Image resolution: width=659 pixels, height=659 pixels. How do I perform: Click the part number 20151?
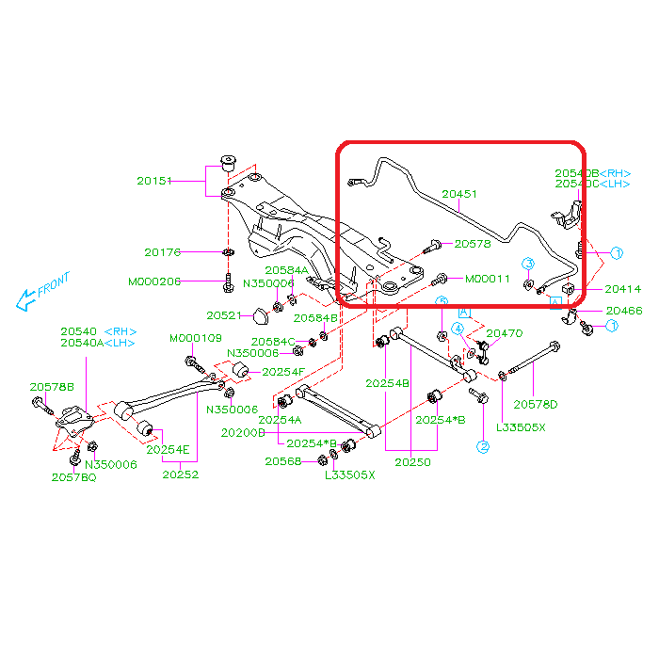[x=154, y=180]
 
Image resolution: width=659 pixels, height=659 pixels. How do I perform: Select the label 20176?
[x=162, y=252]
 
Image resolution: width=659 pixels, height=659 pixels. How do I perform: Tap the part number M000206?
[x=154, y=281]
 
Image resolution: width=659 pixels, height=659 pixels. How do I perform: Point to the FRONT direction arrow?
[x=43, y=293]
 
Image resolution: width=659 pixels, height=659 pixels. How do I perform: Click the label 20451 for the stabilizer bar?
[x=460, y=195]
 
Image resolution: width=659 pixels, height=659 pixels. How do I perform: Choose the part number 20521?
[x=224, y=315]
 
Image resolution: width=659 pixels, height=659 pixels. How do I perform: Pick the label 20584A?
[x=286, y=270]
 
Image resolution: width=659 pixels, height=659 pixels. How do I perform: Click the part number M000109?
[x=196, y=338]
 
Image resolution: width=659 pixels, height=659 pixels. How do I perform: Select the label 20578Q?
[x=73, y=477]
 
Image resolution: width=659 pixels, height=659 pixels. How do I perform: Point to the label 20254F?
[x=283, y=372]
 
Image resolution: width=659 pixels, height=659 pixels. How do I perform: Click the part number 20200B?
[x=243, y=432]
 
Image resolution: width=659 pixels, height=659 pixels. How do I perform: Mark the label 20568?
[x=282, y=461]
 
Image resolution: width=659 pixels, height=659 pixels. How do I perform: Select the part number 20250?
[x=412, y=462]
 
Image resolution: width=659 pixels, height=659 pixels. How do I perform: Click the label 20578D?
[x=535, y=405]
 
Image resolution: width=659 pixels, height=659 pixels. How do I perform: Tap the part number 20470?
[x=504, y=333]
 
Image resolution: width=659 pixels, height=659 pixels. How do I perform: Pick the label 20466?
[x=624, y=310]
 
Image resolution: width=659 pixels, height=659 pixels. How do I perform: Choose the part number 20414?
[x=623, y=290]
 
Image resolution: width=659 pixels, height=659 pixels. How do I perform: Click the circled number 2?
[x=483, y=447]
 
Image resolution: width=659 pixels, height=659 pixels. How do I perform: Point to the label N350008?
[x=252, y=353]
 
